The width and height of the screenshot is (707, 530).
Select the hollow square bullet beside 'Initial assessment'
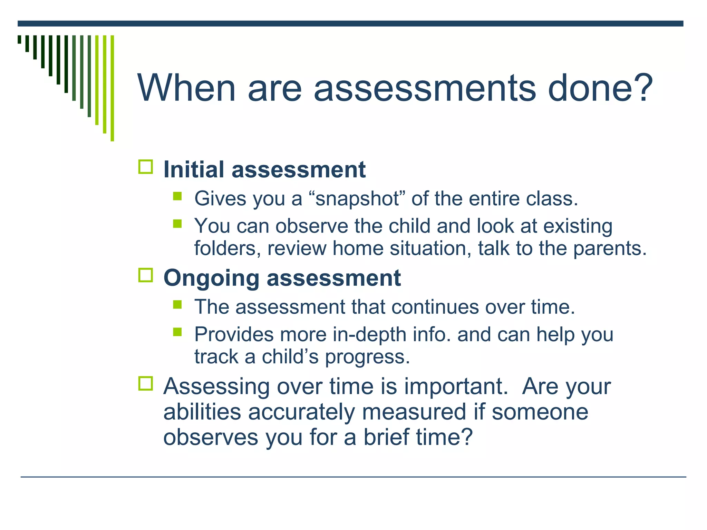pyautogui.click(x=146, y=167)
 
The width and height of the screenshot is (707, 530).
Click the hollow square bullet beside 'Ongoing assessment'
pyautogui.click(x=146, y=275)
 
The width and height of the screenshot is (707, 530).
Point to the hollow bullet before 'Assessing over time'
pyautogui.click(x=146, y=383)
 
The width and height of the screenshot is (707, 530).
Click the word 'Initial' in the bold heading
pyautogui.click(x=194, y=170)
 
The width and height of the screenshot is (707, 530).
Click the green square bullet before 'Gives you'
pyautogui.click(x=177, y=196)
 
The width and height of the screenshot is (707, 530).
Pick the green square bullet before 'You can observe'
pyautogui.click(x=177, y=224)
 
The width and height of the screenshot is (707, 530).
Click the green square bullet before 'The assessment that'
pyautogui.click(x=177, y=304)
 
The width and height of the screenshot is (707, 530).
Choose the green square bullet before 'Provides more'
pyautogui.click(x=177, y=332)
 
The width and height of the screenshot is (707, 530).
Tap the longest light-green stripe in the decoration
pyautogui.click(x=112, y=88)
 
